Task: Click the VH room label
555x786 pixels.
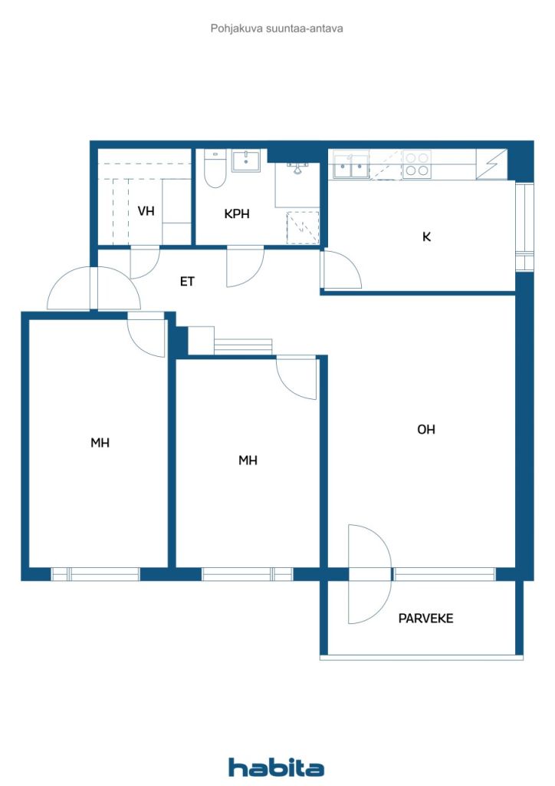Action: [146, 211]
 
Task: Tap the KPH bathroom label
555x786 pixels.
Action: [237, 214]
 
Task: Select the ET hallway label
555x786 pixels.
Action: [187, 282]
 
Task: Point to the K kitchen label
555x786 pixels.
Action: [427, 236]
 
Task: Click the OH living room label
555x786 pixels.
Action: [426, 430]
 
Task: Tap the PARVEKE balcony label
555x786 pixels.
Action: [425, 618]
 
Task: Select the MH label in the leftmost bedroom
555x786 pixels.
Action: [100, 443]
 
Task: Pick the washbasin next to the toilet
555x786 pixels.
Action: [247, 161]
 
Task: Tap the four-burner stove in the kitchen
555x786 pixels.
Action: [417, 164]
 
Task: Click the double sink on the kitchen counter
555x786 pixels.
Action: [351, 165]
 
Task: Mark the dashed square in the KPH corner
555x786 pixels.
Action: [302, 227]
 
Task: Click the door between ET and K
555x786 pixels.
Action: [341, 270]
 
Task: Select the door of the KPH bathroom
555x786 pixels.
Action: [245, 266]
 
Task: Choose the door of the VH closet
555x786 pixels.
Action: [144, 263]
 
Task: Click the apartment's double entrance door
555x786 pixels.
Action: [94, 288]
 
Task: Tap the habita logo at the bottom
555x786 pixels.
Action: [277, 767]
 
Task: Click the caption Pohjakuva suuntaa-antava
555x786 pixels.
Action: [277, 28]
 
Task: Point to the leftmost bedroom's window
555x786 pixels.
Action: [95, 573]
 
